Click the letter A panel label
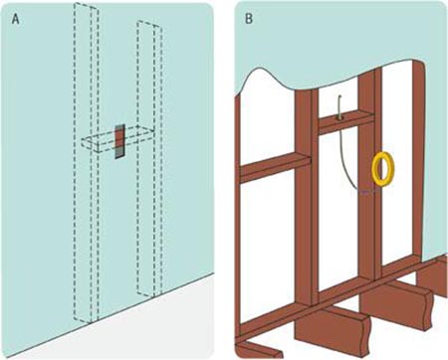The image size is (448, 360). pos(16,19)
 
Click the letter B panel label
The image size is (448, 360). pos(249,19)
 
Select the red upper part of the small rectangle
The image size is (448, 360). pos(119,136)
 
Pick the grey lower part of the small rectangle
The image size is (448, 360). pos(119,153)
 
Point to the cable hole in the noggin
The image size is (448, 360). pos(339,117)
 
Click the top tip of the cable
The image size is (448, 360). pos(340,96)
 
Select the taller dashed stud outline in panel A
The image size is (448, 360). pos(86,162)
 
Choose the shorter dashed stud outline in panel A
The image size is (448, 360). pos(149,158)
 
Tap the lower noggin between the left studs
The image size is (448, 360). pos(275,167)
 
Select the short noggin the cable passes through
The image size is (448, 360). pos(346,122)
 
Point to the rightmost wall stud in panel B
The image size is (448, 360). pos(418,159)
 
